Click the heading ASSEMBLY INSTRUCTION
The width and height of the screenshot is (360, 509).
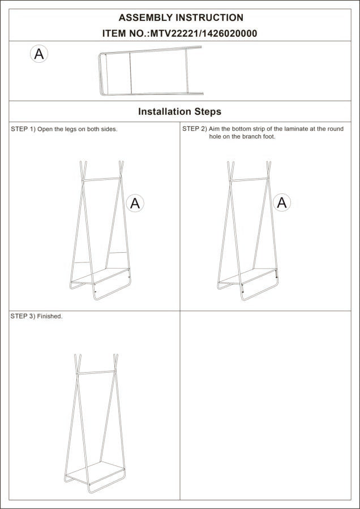point(181,18)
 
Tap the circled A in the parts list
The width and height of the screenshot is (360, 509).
point(38,54)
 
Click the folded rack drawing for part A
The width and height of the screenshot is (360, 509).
point(151,73)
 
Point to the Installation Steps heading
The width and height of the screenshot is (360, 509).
point(179,111)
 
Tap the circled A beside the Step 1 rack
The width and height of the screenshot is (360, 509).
point(135,203)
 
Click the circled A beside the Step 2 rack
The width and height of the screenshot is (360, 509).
point(282,202)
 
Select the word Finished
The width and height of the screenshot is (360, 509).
point(50,316)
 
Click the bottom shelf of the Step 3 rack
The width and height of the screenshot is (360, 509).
point(95,473)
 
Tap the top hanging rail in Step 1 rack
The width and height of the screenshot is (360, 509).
point(102,180)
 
